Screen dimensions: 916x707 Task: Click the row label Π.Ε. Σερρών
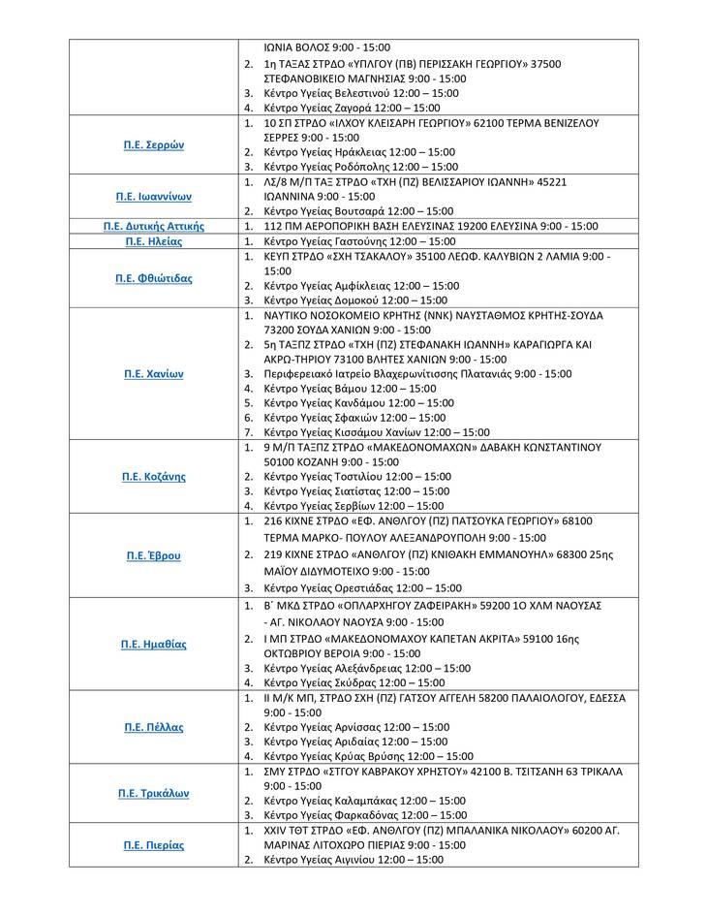153,145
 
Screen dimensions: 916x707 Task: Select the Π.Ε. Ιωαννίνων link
153,196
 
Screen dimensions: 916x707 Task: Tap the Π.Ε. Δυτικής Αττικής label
153,226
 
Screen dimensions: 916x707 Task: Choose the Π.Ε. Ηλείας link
153,241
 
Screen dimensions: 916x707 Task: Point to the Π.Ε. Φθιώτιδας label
153,278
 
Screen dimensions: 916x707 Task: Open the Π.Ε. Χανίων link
153,373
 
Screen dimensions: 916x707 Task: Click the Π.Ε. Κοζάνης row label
153,477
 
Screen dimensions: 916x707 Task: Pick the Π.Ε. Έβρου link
153,556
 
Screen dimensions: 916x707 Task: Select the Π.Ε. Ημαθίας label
153,644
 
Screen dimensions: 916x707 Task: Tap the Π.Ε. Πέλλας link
153,727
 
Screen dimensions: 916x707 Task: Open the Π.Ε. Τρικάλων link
153,793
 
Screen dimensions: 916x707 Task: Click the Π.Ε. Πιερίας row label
153,845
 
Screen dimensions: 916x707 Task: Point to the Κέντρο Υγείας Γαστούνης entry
359,241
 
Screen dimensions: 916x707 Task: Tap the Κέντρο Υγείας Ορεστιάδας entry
362,587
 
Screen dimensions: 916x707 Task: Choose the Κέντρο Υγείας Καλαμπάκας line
364,801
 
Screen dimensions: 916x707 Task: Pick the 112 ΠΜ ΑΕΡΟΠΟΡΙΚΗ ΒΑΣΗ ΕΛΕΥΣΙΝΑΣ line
430,226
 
